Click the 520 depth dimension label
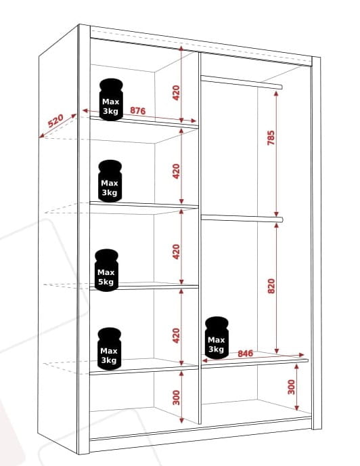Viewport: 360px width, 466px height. [55, 121]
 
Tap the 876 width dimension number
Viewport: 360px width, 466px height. [138, 110]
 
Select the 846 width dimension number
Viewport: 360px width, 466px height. [246, 354]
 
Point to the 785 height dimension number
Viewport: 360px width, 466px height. [271, 137]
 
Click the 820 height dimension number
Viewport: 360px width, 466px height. [271, 286]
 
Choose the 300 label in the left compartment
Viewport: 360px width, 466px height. [176, 398]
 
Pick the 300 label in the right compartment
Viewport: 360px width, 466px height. [292, 387]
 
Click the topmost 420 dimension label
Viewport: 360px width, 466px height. [176, 93]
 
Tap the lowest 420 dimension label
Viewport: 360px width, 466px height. [176, 335]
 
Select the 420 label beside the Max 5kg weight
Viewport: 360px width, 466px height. [176, 252]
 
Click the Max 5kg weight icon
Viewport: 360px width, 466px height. [106, 270]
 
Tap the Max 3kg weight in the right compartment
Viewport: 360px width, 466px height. [217, 337]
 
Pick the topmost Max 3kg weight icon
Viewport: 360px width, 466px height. [111, 100]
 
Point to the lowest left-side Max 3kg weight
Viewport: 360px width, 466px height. [109, 349]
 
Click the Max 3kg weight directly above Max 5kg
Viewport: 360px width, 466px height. [110, 181]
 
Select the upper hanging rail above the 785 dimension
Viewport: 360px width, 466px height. [241, 82]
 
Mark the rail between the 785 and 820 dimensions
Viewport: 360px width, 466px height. [242, 218]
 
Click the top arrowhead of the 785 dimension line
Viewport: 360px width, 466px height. [276, 94]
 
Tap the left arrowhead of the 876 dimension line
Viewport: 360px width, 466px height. [85, 111]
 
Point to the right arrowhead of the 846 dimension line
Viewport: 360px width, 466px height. [301, 355]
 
